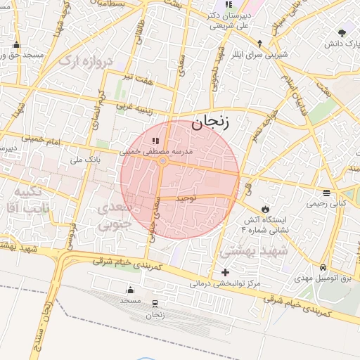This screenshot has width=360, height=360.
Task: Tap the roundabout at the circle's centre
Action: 162,162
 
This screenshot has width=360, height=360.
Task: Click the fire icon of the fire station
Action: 264,209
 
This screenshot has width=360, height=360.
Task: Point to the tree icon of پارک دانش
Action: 342,33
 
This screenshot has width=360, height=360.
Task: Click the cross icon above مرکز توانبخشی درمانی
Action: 225,272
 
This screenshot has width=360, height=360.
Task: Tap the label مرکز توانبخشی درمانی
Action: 225,285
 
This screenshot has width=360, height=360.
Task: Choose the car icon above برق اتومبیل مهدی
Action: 322,268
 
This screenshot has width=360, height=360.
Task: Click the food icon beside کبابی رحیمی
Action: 326,193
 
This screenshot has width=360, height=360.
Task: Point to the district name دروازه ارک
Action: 86,61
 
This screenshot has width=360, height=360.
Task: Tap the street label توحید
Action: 186,199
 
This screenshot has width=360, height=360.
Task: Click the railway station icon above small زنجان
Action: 155,302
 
